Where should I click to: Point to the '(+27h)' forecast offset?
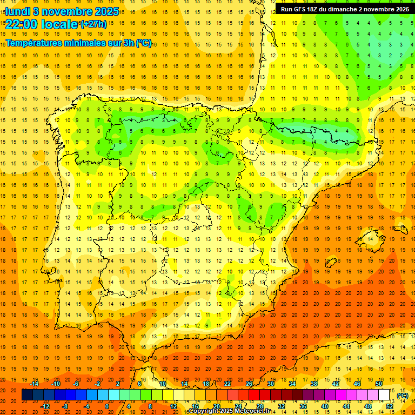pyautogui.click(x=93, y=24)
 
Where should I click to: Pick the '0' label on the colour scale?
pyautogui.click(x=106, y=406)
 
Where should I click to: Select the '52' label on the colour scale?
pyautogui.click(x=390, y=406)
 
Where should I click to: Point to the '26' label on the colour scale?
pyautogui.click(x=249, y=384)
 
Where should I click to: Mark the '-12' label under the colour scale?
pyautogui.click(x=45, y=406)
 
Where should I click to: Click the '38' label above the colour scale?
pyautogui.click(x=313, y=384)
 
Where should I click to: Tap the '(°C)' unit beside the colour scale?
pyautogui.click(x=403, y=396)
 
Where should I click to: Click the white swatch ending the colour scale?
pyautogui.click(x=384, y=395)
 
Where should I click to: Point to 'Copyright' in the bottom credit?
pyautogui.click(x=203, y=411)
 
